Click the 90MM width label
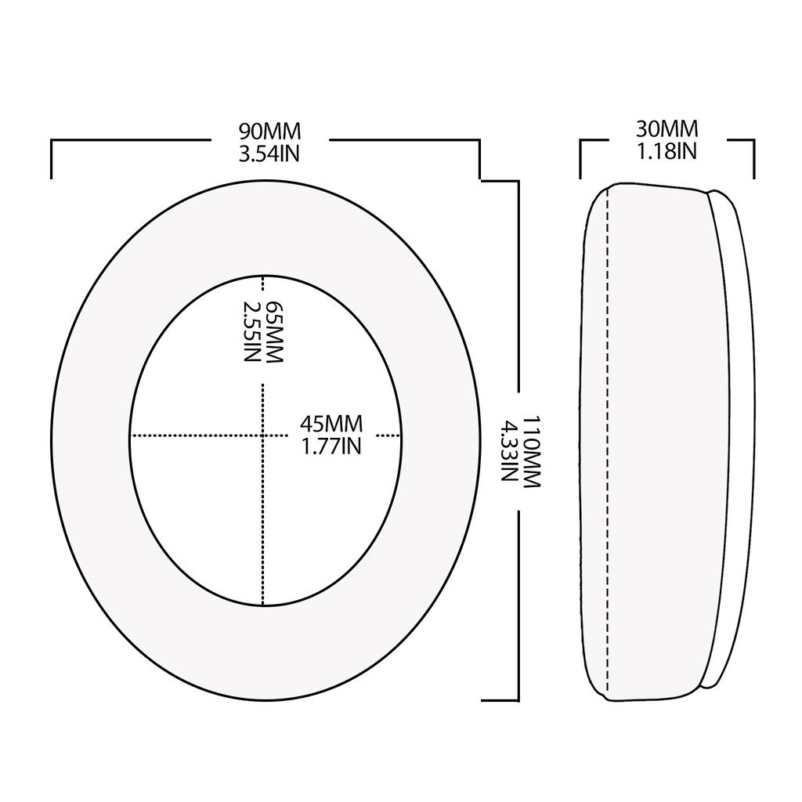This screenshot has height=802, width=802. pos(269,132)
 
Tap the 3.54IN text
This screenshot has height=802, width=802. pos(269,154)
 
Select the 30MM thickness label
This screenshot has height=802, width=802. pos(667,128)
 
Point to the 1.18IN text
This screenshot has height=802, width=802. pos(667,150)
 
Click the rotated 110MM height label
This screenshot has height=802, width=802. pos(531,452)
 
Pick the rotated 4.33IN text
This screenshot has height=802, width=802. pos(509,452)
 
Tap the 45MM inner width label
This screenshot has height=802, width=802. pos(331,424)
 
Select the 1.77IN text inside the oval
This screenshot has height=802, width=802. pos(331,446)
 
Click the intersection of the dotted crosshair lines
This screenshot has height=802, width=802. pos(262,435)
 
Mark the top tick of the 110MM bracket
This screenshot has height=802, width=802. pos(499,181)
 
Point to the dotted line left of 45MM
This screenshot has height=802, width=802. pos(196,435)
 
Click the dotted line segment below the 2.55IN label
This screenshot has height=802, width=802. pos(262,493)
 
